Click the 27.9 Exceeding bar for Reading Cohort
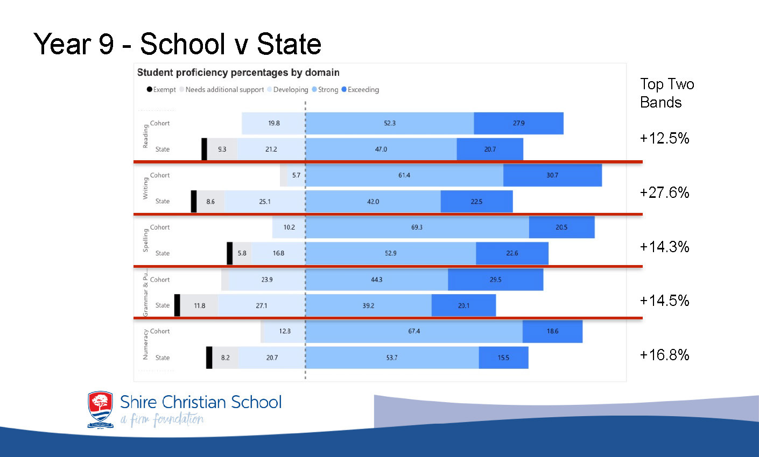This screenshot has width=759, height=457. (518, 123)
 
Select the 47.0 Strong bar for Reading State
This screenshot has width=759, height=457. (381, 149)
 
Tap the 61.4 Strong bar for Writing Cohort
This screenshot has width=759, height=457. (404, 175)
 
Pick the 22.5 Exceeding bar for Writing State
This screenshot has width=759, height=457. (476, 202)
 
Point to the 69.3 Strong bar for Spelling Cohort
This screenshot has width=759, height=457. (417, 227)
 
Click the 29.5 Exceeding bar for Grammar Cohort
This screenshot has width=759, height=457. (495, 280)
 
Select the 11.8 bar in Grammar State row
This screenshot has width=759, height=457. (199, 305)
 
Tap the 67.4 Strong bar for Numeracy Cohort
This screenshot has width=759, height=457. (414, 331)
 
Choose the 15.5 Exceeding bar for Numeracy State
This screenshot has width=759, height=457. (503, 358)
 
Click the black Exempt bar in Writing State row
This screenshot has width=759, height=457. (194, 202)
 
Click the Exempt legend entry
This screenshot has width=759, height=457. (161, 90)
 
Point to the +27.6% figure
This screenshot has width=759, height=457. (664, 192)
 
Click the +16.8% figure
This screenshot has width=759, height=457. (664, 355)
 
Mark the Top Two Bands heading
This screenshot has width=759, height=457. (666, 93)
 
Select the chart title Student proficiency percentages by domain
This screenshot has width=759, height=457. (238, 73)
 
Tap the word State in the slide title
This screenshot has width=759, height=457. (289, 44)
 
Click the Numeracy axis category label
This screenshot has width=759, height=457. (145, 345)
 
